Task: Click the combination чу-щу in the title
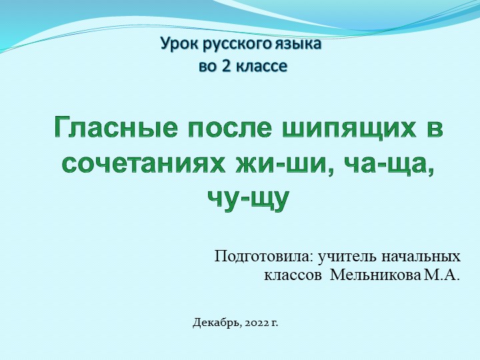(248, 198)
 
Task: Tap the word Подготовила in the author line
(262, 257)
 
